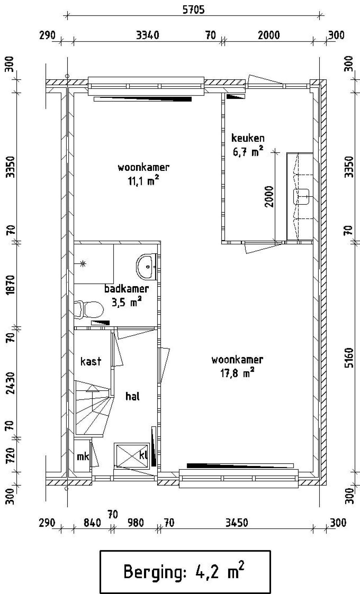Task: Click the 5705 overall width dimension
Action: [x=193, y=10]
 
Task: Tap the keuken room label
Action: [x=248, y=138]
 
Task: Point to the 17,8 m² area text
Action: [x=237, y=373]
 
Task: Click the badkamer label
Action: [x=127, y=288]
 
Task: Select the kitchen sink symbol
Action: [x=301, y=197]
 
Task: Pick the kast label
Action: [x=91, y=361]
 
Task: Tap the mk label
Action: [x=83, y=457]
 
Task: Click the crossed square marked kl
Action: [x=131, y=455]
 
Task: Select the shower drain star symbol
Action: [x=83, y=264]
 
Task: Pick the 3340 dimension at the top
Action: [x=148, y=35]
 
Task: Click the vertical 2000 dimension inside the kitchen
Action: [x=269, y=196]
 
